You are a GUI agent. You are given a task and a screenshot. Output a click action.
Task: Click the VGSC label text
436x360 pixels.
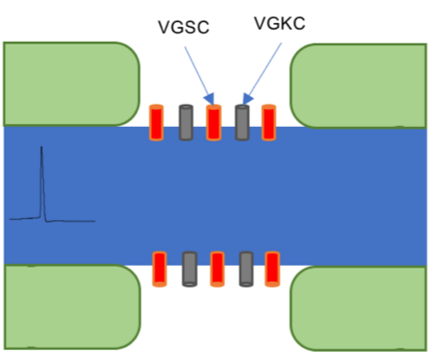183,28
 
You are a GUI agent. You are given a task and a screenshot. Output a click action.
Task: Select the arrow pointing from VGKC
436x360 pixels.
262,69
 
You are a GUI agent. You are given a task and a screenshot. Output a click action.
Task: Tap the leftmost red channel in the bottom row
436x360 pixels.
159,268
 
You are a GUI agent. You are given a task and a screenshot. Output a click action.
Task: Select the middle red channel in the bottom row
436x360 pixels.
217,268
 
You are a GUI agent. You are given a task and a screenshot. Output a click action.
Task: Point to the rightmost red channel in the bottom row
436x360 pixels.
273,268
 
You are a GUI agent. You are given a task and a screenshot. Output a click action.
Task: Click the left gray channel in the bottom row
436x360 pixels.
189,268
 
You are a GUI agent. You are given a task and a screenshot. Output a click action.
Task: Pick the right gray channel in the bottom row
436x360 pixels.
245,268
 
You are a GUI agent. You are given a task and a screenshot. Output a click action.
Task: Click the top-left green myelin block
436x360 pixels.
69,83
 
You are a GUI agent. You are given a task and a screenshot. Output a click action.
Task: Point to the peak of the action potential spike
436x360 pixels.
42,149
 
